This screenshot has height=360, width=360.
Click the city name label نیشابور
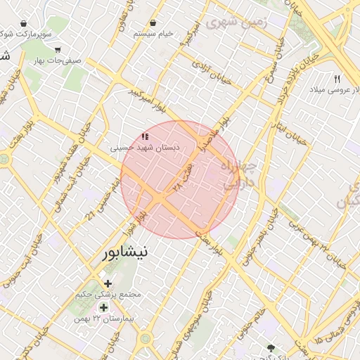(x=126, y=252)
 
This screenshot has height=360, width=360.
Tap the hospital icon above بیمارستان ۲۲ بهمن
(x=103, y=307)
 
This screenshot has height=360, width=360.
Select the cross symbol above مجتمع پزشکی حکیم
(x=108, y=283)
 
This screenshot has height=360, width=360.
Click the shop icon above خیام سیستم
(x=153, y=23)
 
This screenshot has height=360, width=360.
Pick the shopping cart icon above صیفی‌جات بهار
(x=57, y=50)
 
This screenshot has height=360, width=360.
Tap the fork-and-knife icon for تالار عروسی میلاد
(x=337, y=79)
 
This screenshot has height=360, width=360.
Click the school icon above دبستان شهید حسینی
(x=145, y=136)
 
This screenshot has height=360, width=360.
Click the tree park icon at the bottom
(x=272, y=347)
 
